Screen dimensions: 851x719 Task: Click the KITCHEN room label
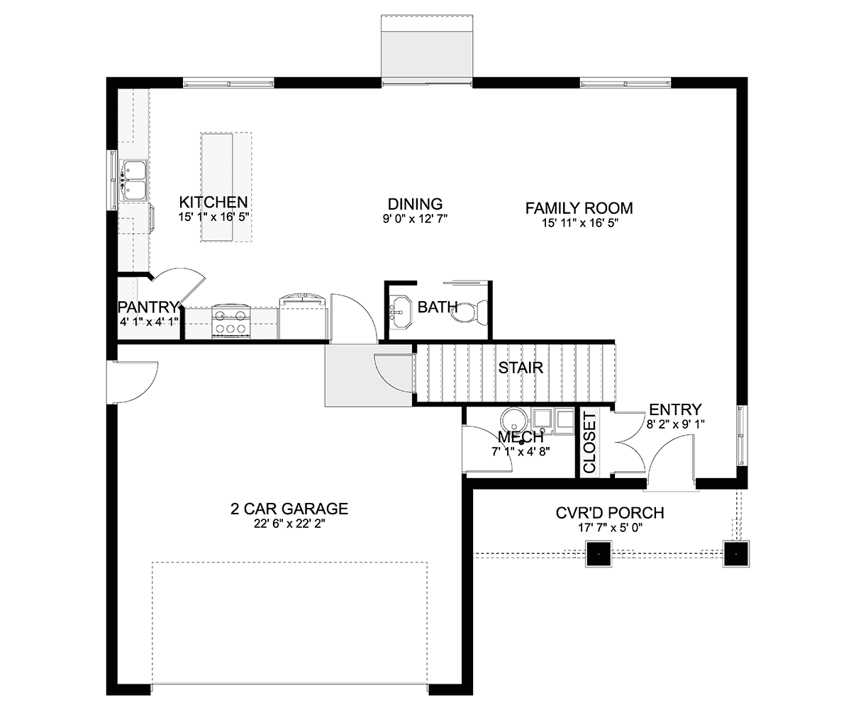click(x=213, y=202)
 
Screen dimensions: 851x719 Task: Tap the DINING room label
click(x=415, y=204)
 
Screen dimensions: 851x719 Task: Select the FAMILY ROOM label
click(x=579, y=208)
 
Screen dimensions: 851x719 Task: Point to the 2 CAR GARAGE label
click(x=289, y=509)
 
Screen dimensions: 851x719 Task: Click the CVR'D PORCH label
click(x=610, y=513)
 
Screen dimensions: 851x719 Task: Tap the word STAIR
click(x=521, y=368)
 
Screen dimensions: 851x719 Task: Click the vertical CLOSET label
click(x=589, y=443)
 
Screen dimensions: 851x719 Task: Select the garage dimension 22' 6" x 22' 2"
click(x=289, y=524)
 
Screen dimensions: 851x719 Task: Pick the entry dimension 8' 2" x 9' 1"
click(x=675, y=424)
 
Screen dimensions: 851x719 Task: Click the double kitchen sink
click(x=133, y=181)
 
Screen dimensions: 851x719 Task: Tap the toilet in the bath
click(x=469, y=312)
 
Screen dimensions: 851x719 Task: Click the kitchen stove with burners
click(x=230, y=321)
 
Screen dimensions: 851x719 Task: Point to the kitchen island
click(x=226, y=187)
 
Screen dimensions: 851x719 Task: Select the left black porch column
click(x=599, y=554)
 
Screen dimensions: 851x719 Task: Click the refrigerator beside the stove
click(x=304, y=316)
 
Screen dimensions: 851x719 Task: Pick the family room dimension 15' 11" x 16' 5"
click(x=579, y=223)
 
